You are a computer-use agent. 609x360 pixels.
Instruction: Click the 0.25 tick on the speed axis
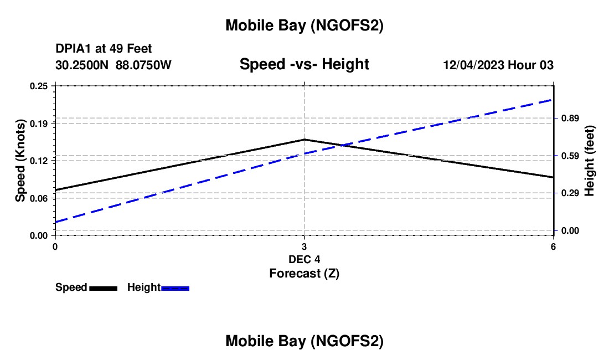[x=40, y=86]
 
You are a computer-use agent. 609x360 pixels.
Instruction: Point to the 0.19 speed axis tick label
[x=40, y=123]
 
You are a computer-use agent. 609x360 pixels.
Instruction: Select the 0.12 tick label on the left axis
[x=40, y=161]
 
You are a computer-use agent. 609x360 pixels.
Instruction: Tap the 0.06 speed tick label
[x=40, y=198]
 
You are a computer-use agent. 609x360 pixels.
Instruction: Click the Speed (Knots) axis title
[x=20, y=161]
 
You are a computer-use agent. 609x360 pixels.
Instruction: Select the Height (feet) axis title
[x=590, y=161]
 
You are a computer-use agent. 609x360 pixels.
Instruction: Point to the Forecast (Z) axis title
[x=304, y=273]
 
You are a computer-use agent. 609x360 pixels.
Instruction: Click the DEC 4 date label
[x=304, y=259]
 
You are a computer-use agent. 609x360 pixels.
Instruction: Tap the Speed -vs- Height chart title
[x=304, y=64]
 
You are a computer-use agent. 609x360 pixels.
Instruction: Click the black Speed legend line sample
[x=103, y=288]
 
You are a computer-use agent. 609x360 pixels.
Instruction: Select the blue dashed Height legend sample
[x=175, y=288]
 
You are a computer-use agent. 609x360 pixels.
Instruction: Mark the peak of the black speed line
[x=304, y=140]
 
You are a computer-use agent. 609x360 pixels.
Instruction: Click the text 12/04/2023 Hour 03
[x=498, y=65]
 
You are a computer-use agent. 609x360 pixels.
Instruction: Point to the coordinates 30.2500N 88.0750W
[x=113, y=65]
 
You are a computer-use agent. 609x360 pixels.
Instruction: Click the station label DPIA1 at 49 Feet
[x=104, y=49]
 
